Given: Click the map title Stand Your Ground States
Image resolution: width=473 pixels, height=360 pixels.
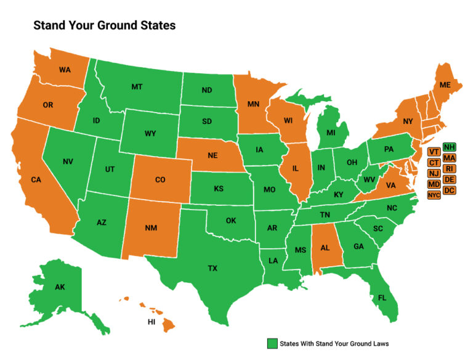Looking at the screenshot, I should pyautogui.click(x=104, y=25).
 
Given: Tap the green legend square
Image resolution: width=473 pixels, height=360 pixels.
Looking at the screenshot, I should pyautogui.click(x=272, y=343).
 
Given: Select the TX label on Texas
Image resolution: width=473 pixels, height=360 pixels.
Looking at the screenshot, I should pyautogui.click(x=212, y=268).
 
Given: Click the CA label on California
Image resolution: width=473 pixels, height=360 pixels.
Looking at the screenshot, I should pyautogui.click(x=36, y=180).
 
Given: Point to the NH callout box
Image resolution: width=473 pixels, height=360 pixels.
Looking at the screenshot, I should pyautogui.click(x=450, y=147).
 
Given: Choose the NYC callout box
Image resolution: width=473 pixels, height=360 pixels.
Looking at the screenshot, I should pyautogui.click(x=434, y=195).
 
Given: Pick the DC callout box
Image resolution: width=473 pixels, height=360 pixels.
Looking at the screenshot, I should pyautogui.click(x=450, y=190).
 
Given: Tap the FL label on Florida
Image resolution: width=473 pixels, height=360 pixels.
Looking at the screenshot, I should pyautogui.click(x=382, y=297).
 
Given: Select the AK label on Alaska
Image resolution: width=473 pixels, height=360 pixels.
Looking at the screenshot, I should pyautogui.click(x=60, y=287).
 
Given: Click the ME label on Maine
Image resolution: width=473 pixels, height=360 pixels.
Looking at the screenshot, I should pyautogui.click(x=444, y=85).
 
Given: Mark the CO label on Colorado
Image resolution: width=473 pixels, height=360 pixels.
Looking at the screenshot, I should pyautogui.click(x=160, y=180).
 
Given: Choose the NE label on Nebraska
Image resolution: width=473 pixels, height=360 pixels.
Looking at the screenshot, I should pyautogui.click(x=212, y=156).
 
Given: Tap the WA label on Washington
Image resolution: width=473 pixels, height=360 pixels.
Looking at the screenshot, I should pyautogui.click(x=65, y=70).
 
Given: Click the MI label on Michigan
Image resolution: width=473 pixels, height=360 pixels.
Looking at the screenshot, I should pyautogui.click(x=331, y=133).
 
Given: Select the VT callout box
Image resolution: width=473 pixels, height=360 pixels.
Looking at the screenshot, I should pyautogui.click(x=434, y=152).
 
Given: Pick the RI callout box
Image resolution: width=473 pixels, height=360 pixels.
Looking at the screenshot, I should pyautogui.click(x=450, y=168).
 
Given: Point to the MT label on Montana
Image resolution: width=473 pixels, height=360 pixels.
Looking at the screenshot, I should pyautogui.click(x=137, y=87).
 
